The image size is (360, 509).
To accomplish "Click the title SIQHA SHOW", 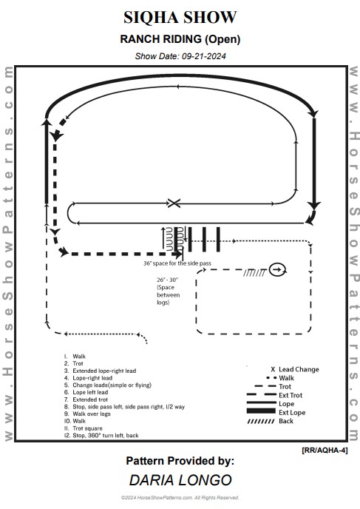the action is tap(180, 17).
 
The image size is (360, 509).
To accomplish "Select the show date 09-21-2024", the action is tap(204, 56).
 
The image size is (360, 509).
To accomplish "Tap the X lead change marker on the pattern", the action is tap(174, 203).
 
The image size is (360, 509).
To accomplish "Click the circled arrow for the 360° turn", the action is tap(278, 269).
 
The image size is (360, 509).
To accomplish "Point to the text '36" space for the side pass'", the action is tap(177, 263).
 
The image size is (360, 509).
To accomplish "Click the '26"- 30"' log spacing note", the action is tap(167, 280).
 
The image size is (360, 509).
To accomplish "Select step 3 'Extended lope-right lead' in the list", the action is tap(104, 371).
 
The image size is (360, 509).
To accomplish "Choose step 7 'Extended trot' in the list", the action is tap(90, 400).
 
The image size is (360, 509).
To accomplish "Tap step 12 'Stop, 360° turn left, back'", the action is tap(106, 435).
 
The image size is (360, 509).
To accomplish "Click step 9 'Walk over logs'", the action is tap(92, 414).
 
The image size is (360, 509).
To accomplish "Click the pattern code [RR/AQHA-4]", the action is tap(325, 451).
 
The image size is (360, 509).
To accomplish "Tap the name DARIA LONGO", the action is tap(180, 480).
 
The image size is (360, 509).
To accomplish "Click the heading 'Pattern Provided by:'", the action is tap(180, 461).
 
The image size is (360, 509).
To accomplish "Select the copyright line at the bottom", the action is tap(180, 498).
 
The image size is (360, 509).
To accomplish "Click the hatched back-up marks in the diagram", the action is tap(254, 273).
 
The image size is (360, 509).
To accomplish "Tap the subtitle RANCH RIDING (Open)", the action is tap(180, 39).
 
